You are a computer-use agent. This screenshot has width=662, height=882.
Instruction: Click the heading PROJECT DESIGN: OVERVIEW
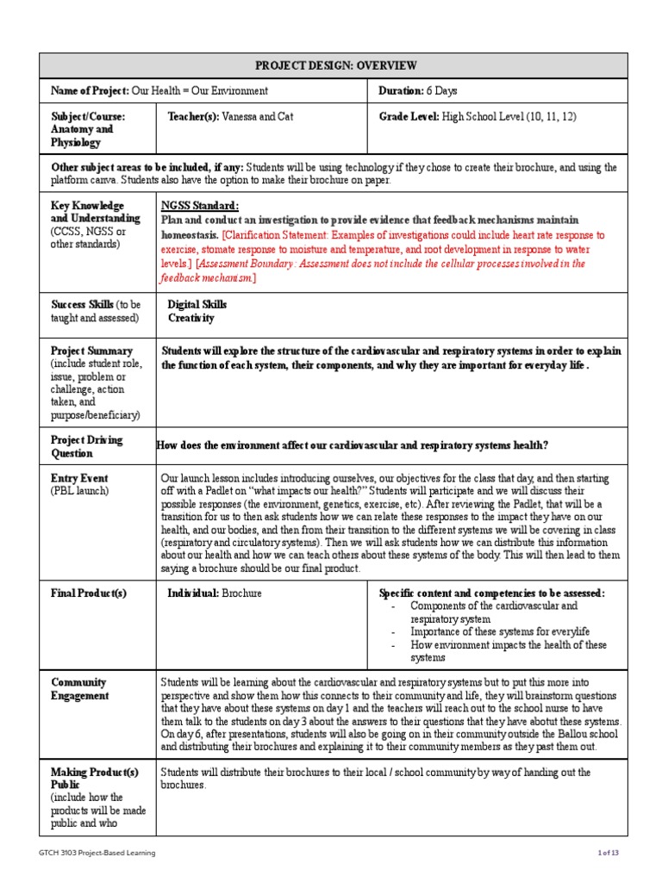click(x=336, y=65)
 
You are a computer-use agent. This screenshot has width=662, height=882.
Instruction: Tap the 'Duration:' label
click(x=401, y=90)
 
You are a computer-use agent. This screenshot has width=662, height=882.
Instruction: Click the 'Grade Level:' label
click(x=409, y=116)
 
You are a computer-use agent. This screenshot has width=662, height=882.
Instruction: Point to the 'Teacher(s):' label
click(x=193, y=116)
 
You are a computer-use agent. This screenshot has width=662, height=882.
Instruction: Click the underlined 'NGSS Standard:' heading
click(x=200, y=206)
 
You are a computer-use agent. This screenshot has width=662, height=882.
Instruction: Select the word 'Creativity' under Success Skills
click(x=190, y=318)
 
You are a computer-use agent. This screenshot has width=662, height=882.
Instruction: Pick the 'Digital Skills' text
click(x=197, y=305)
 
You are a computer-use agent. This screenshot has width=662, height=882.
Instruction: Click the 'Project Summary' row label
click(x=91, y=351)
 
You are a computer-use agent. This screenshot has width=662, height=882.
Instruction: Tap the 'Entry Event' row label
click(x=79, y=478)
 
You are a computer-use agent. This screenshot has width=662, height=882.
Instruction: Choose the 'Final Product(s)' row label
click(x=89, y=593)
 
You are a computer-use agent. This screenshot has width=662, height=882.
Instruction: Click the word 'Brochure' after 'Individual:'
click(x=241, y=593)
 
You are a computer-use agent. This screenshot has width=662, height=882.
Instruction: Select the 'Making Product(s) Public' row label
click(x=94, y=779)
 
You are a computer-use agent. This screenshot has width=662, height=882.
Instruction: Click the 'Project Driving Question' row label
click(x=86, y=446)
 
